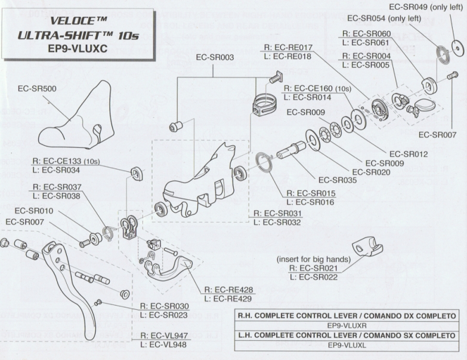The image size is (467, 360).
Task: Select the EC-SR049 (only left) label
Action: point(426,7)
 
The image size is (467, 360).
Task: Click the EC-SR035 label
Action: point(338,179)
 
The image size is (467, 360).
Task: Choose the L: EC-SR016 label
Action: point(311,202)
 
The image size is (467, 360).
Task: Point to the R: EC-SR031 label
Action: point(277,213)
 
